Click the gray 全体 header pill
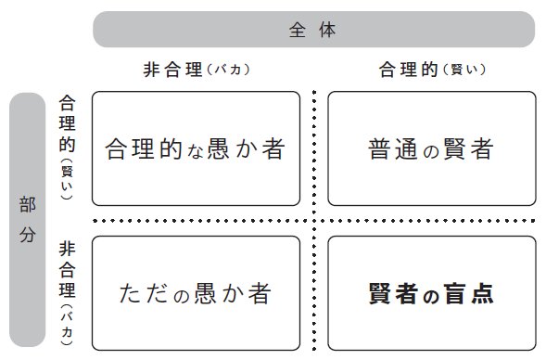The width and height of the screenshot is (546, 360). pyautogui.click(x=313, y=29)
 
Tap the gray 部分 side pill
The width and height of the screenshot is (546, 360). pyautogui.click(x=27, y=220)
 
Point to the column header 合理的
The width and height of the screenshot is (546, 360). pyautogui.click(x=403, y=70)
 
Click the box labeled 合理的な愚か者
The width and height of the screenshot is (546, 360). pyautogui.click(x=196, y=148)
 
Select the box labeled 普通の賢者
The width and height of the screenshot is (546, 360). pyautogui.click(x=431, y=148)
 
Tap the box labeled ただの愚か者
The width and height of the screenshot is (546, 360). pyautogui.click(x=196, y=293)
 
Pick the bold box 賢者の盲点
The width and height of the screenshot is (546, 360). pyautogui.click(x=431, y=293)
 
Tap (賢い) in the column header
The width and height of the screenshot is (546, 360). pyautogui.click(x=465, y=70)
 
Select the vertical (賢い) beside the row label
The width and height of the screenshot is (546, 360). pyautogui.click(x=67, y=174)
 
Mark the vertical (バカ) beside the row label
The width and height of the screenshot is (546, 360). pyautogui.click(x=67, y=321)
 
